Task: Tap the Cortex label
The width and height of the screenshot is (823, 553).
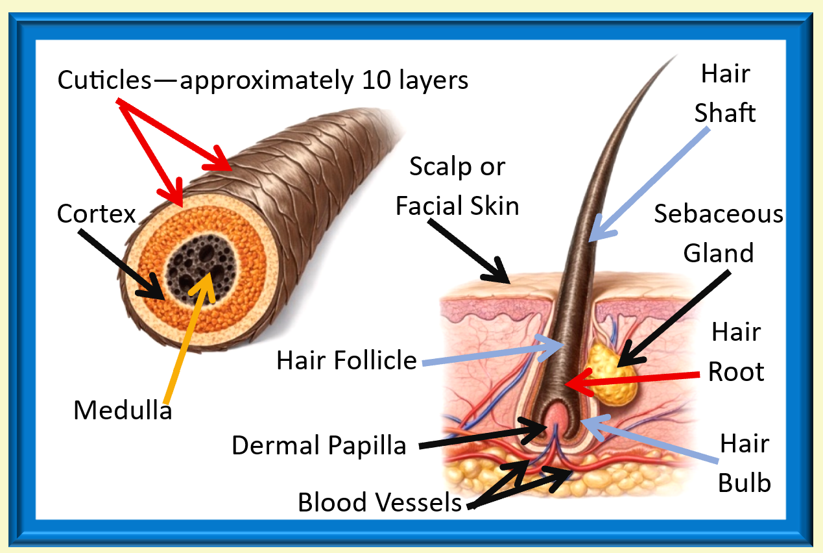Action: click(x=96, y=214)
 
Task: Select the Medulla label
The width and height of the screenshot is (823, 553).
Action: click(x=123, y=410)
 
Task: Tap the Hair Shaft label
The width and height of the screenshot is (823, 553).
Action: click(x=725, y=93)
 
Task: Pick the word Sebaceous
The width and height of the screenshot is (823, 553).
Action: click(x=718, y=214)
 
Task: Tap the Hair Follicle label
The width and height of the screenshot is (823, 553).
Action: click(x=346, y=360)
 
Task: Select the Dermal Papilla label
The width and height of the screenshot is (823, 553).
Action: click(x=318, y=445)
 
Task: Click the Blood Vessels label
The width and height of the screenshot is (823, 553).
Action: click(x=379, y=502)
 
